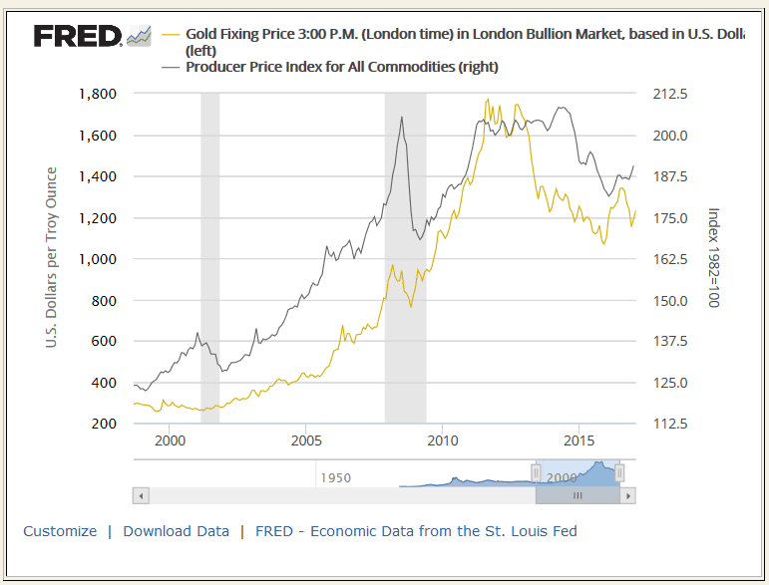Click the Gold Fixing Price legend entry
click(459, 34)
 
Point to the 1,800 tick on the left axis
click(97, 94)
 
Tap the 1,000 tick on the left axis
click(97, 259)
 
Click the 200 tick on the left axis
click(104, 424)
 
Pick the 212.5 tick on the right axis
click(669, 94)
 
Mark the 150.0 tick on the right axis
click(669, 300)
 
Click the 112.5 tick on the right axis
click(669, 424)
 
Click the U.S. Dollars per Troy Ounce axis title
click(51, 258)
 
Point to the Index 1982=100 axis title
click(712, 258)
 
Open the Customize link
click(60, 531)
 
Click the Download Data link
click(176, 531)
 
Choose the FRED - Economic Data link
click(416, 531)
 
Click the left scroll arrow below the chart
click(141, 495)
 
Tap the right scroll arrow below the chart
click(627, 495)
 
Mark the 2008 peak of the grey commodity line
click(402, 117)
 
